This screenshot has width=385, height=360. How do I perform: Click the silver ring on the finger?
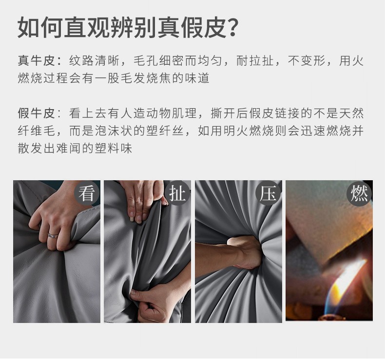(53, 236)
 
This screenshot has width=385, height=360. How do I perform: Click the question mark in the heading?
(231, 27)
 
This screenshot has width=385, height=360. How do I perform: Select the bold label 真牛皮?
(37, 60)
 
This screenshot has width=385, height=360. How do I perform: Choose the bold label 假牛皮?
(37, 114)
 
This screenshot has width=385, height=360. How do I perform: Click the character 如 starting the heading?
(28, 27)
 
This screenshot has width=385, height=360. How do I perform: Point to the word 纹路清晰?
(94, 60)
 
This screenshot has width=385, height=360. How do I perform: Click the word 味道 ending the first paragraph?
(197, 78)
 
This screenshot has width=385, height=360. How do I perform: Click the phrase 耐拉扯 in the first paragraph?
(255, 60)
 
